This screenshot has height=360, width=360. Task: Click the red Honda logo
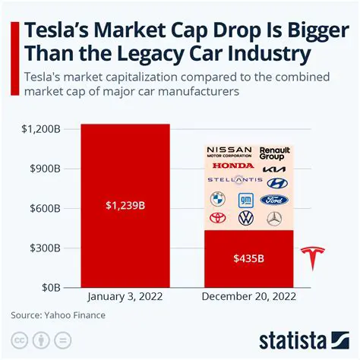click(x=233, y=166)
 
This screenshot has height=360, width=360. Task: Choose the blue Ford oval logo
click(x=274, y=200)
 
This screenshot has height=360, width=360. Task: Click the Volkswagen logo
click(x=245, y=219)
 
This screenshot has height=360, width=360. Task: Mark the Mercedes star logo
click(x=274, y=219)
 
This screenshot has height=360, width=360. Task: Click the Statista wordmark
click(x=302, y=338)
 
